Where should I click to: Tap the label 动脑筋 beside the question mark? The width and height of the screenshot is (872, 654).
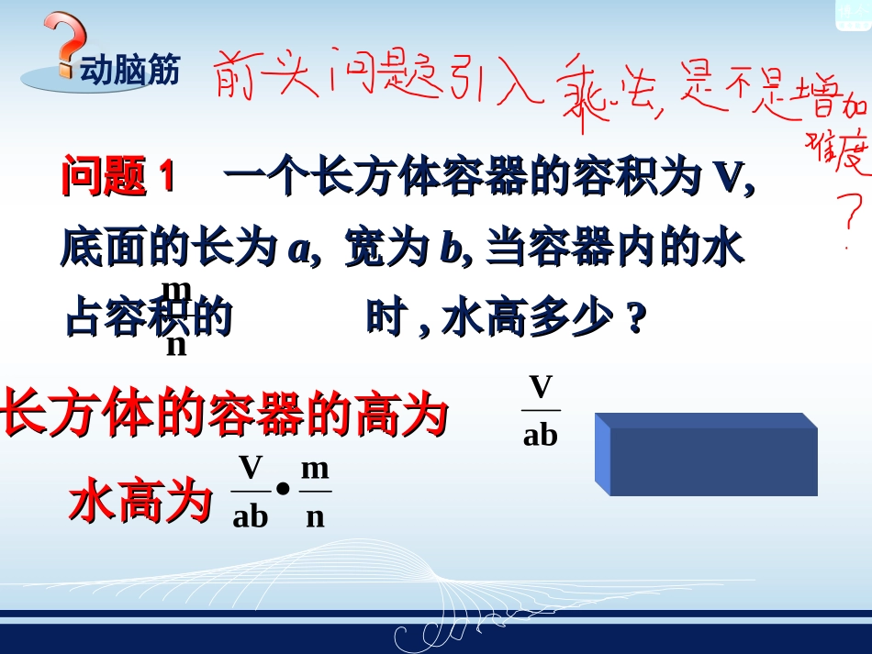click(x=129, y=71)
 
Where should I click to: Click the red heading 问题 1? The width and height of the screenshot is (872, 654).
click(x=117, y=176)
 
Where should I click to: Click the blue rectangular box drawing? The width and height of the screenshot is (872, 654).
click(x=707, y=455)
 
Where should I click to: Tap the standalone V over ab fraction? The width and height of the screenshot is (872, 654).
click(x=541, y=409)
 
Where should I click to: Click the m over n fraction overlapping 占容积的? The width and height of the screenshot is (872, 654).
click(x=176, y=316)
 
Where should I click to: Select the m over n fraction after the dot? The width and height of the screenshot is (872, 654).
click(x=315, y=492)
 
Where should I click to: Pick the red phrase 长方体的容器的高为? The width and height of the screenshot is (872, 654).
click(x=224, y=415)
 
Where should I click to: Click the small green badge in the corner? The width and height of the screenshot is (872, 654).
click(x=852, y=14)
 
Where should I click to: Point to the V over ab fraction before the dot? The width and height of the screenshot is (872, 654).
click(x=250, y=492)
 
